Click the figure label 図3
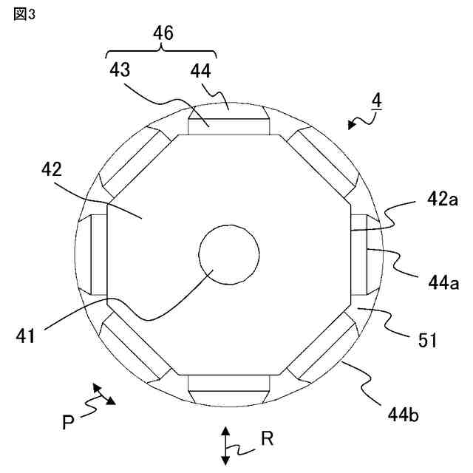(24, 14)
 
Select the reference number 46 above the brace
(163, 33)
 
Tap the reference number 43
(120, 70)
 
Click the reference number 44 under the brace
(200, 72)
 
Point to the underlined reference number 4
(377, 101)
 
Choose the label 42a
(442, 200)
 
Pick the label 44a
(443, 283)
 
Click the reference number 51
(427, 340)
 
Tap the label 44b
(403, 415)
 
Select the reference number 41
(25, 336)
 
